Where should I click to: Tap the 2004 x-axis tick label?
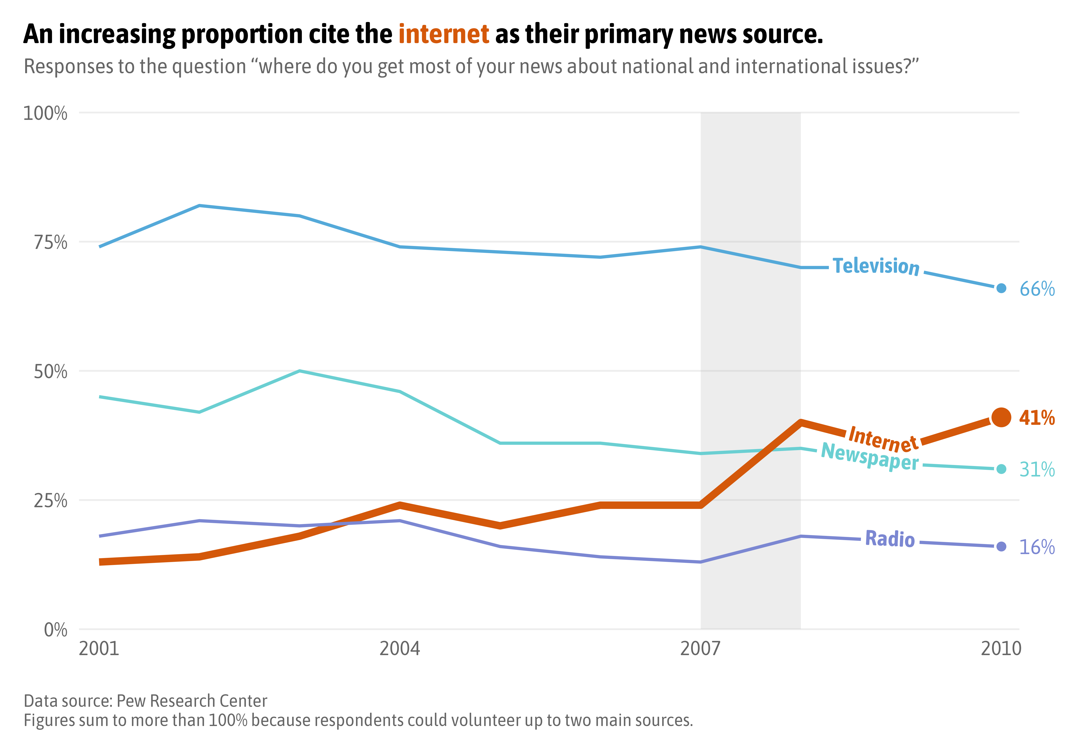pos(400,649)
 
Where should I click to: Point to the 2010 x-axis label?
pos(1001,649)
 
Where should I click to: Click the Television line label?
pos(876,266)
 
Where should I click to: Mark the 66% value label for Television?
pos(1037,289)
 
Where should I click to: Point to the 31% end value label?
pos(1037,469)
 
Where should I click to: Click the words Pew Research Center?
pos(192,701)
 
